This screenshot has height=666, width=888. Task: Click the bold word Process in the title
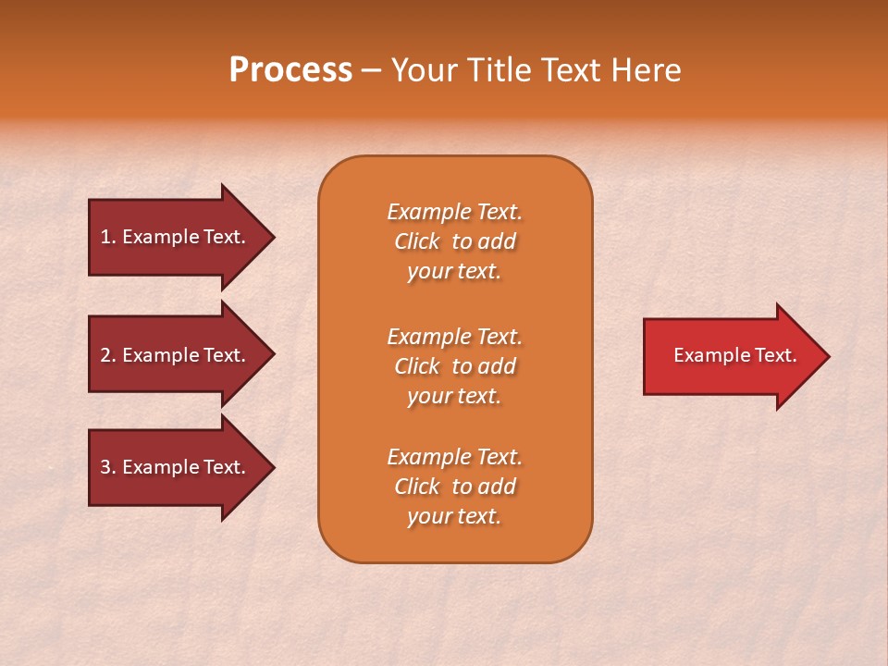point(290,70)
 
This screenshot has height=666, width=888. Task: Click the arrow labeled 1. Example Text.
point(176,237)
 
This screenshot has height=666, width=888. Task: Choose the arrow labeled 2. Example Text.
point(176,355)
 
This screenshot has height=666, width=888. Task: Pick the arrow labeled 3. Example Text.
point(176,467)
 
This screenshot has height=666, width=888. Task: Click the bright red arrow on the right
point(731,355)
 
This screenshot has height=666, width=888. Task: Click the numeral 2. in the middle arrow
point(108,355)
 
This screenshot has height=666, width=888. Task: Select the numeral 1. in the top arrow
point(108,237)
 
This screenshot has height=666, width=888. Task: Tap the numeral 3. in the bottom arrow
point(108,467)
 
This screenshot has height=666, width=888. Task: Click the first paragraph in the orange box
point(454,241)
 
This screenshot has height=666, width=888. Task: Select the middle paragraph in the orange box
point(454,366)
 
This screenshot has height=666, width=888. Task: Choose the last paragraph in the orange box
point(454,487)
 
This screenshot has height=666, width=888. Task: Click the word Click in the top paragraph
point(417,241)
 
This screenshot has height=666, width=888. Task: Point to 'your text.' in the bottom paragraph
point(454,516)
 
